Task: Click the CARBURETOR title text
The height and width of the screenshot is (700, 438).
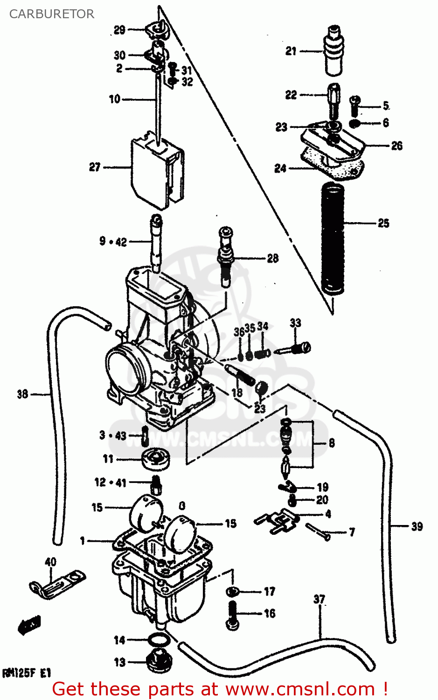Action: [52, 14]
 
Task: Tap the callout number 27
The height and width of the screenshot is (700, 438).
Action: [95, 167]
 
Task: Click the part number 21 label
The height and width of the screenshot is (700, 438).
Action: [291, 51]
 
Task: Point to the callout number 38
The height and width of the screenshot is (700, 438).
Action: [23, 394]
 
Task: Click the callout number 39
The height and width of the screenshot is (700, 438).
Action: [417, 526]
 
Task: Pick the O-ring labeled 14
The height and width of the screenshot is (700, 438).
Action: [159, 640]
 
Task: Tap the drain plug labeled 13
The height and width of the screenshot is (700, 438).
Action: [159, 661]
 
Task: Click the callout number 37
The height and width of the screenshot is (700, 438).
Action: [319, 599]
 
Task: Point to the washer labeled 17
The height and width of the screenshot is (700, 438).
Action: [232, 592]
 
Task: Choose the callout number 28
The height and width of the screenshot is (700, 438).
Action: [273, 258]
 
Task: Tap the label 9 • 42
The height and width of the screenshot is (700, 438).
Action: [113, 242]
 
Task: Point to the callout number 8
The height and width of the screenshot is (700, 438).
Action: [332, 442]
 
